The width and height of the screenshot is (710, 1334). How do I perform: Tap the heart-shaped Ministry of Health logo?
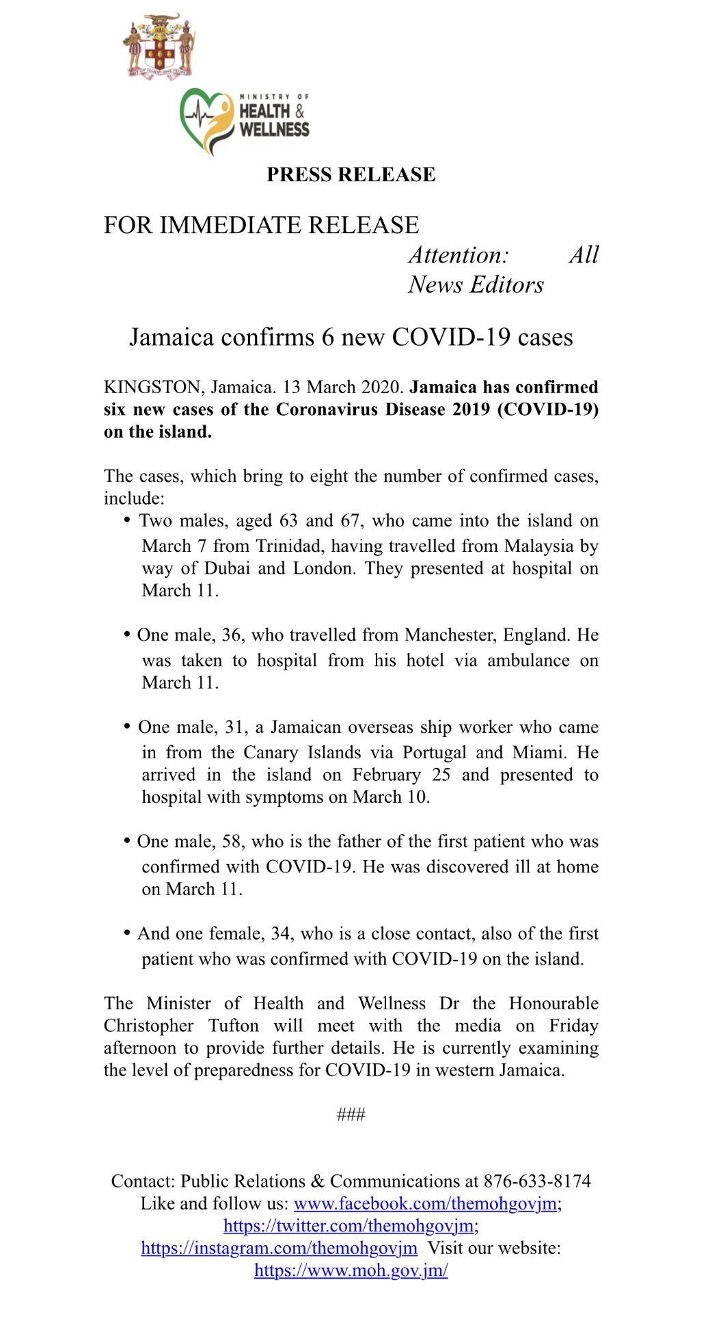coord(206,120)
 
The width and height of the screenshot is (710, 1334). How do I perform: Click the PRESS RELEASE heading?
coord(351,175)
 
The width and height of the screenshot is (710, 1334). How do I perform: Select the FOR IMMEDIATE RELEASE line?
coord(261,225)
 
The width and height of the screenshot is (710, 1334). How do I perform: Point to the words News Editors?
coord(476,284)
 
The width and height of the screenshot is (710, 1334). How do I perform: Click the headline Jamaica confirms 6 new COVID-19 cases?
coord(351,337)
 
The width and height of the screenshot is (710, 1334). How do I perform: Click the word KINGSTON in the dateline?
coord(152,387)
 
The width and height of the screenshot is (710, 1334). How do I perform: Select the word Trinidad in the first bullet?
coord(284,546)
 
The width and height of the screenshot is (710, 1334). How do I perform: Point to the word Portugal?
coord(434,752)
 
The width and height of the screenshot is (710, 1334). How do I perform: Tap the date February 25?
coord(401,775)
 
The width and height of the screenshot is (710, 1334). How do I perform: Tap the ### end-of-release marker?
coord(351,1115)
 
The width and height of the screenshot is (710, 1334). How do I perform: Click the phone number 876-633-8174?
coord(537,1182)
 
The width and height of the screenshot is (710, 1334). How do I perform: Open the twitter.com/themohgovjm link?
coord(349,1225)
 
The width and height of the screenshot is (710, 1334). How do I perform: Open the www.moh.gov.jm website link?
coord(351,1270)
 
